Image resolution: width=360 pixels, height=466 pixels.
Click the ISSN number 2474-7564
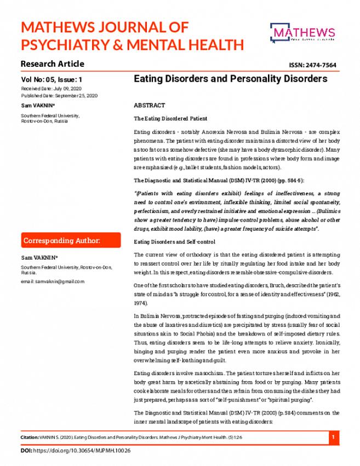312,65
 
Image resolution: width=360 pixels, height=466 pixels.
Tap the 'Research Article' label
53,63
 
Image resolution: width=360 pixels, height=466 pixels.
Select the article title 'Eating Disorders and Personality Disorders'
230,79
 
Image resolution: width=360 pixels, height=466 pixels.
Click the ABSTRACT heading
149,105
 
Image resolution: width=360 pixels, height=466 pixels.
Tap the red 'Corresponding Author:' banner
71,240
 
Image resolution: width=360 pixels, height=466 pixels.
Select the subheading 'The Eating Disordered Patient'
170,118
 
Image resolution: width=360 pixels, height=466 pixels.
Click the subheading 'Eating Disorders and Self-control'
175,241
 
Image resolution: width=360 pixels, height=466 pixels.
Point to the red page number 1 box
334,438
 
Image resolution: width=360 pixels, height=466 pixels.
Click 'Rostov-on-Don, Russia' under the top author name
44,120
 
